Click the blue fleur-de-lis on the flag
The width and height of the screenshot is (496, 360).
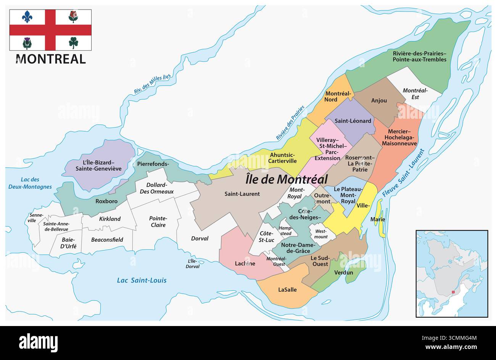tap(27, 16)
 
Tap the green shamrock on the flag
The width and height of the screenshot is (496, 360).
tap(74, 42)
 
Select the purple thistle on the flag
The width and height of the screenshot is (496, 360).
tap(27, 43)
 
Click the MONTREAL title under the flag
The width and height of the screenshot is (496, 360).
tap(51, 59)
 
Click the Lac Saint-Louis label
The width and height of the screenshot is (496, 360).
tap(142, 281)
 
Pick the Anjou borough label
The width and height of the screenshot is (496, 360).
tap(379, 100)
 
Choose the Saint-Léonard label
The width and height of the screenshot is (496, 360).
tap(353, 121)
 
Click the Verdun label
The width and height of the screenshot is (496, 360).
tap(343, 273)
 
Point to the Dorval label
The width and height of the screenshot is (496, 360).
tap(200, 239)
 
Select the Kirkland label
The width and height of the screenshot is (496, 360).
tap(110, 219)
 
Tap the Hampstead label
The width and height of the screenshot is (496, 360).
tap(285, 231)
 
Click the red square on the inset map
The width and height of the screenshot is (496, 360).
tap(453, 292)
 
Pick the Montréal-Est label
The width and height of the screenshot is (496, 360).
tap(415, 94)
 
